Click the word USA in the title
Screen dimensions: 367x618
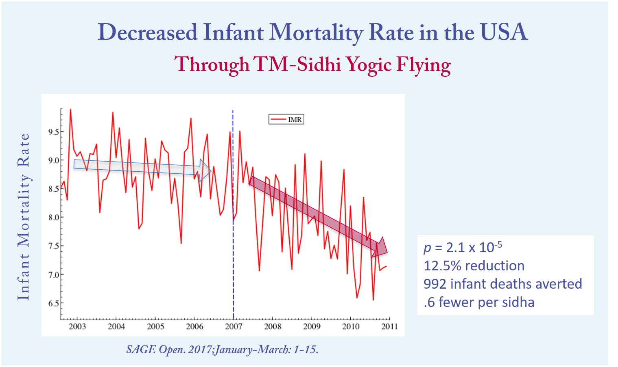click(x=504, y=32)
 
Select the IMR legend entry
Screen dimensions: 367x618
click(x=286, y=119)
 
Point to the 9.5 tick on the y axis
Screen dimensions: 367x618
click(x=53, y=132)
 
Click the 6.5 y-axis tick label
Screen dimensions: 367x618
click(x=53, y=303)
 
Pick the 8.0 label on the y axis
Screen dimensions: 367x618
click(x=53, y=218)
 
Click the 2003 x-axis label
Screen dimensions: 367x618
click(x=77, y=327)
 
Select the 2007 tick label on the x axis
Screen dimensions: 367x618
click(x=234, y=327)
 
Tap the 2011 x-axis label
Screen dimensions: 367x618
click(x=389, y=327)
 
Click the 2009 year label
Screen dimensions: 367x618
click(x=312, y=327)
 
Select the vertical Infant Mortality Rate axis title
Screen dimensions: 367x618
click(x=24, y=217)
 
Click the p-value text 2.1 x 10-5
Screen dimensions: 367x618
click(x=474, y=247)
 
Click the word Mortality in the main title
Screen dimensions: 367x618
click(x=316, y=32)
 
